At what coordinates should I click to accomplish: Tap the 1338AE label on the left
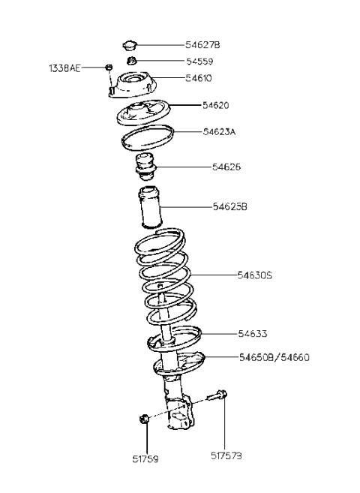(x=64, y=68)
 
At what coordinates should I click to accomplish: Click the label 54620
(x=217, y=106)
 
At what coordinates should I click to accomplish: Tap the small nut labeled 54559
(x=130, y=60)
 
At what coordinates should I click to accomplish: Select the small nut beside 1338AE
(x=109, y=68)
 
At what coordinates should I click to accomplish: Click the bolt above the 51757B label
(x=223, y=396)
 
